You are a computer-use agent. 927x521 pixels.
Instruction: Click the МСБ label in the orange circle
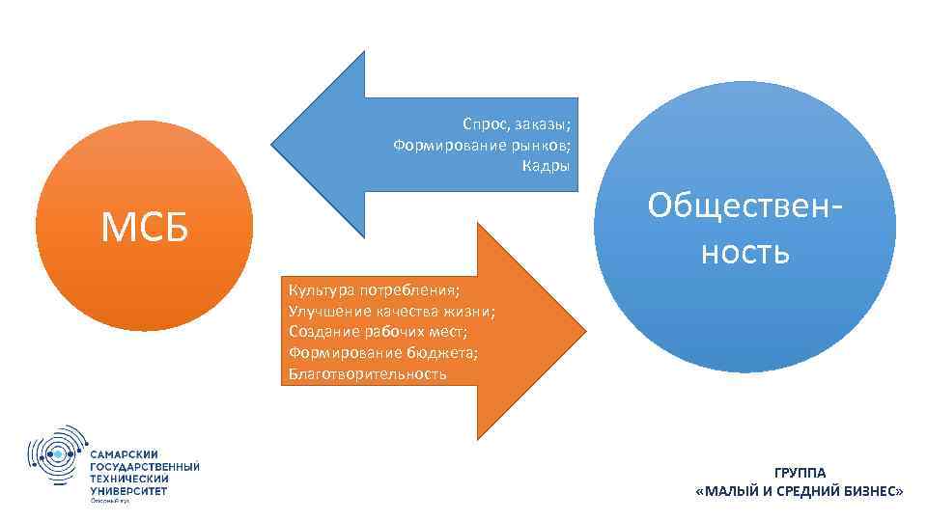click(x=145, y=228)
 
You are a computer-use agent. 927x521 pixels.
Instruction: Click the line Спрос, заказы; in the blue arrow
click(x=517, y=125)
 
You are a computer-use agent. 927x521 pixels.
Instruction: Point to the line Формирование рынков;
click(x=482, y=145)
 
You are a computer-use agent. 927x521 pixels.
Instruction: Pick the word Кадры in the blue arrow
click(x=547, y=165)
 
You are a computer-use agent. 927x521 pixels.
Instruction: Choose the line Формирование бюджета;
click(x=383, y=352)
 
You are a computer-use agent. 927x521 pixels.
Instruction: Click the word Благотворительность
click(x=368, y=373)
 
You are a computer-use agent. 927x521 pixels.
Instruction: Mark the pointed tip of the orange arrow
click(x=584, y=333)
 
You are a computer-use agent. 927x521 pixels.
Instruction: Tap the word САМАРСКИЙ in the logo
click(x=125, y=454)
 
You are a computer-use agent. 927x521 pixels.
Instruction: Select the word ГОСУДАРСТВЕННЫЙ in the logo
click(x=145, y=467)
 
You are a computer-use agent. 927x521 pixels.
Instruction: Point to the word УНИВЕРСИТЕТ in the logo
click(x=127, y=490)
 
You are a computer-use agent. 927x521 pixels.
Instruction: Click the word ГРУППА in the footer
click(x=799, y=473)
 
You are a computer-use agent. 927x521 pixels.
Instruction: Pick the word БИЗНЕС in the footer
click(x=868, y=491)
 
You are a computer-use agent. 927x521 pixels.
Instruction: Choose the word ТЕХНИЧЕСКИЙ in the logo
click(x=129, y=479)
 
